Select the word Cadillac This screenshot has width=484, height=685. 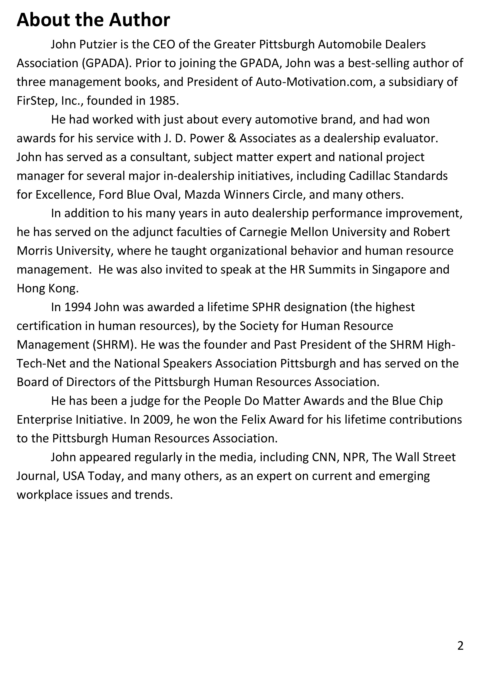pyautogui.click(x=369, y=176)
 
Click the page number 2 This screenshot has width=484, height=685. pyautogui.click(x=460, y=646)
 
